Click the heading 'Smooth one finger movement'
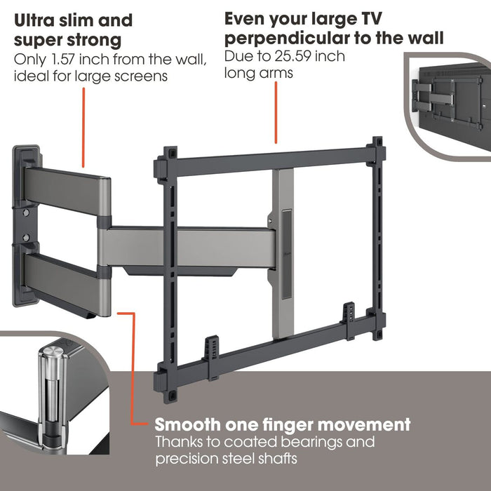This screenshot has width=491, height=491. pyautogui.click(x=283, y=424)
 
